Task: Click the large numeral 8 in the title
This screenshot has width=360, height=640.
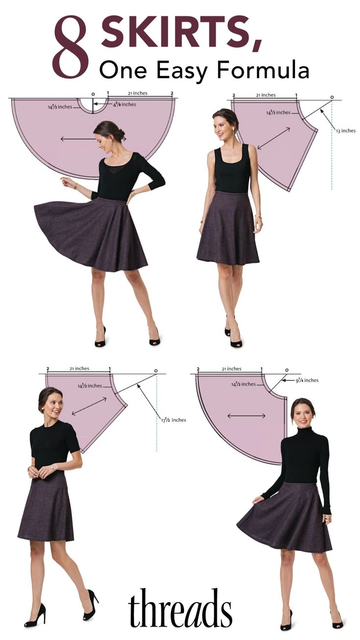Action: pyautogui.click(x=71, y=48)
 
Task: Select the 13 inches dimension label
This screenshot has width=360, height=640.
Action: pyautogui.click(x=345, y=131)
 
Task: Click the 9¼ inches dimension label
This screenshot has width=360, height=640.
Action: pyautogui.click(x=307, y=380)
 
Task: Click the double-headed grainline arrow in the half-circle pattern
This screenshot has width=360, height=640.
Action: pyautogui.click(x=93, y=139)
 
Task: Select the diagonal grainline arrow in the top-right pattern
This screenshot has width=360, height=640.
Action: pyautogui.click(x=273, y=138)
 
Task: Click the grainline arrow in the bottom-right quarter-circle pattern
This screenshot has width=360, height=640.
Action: pyautogui.click(x=246, y=416)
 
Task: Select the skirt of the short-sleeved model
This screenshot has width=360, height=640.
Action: pyautogui.click(x=46, y=506)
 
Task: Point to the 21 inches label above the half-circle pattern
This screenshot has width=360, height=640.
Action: pyautogui.click(x=137, y=93)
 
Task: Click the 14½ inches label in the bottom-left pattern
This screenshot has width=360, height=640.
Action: pyautogui.click(x=90, y=386)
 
